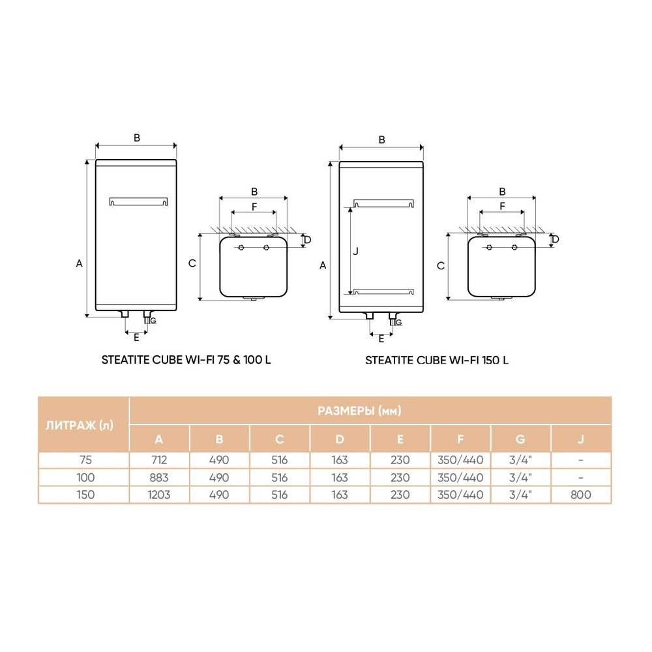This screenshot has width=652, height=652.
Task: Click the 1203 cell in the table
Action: [x=159, y=495]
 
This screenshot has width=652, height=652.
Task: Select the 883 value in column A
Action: [x=159, y=477]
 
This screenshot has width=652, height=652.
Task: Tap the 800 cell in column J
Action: [x=580, y=495]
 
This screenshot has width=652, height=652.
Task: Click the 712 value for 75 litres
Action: [x=159, y=460]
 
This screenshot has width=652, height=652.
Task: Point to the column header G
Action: [x=520, y=439]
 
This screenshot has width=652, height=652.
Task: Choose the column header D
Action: [x=340, y=439]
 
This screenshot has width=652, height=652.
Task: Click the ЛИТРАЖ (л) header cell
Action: [x=80, y=425]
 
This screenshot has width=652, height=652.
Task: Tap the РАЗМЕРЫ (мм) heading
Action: [x=359, y=411]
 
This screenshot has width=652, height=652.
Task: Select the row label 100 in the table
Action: [x=85, y=477]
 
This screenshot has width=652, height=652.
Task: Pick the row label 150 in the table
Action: [x=85, y=495]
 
